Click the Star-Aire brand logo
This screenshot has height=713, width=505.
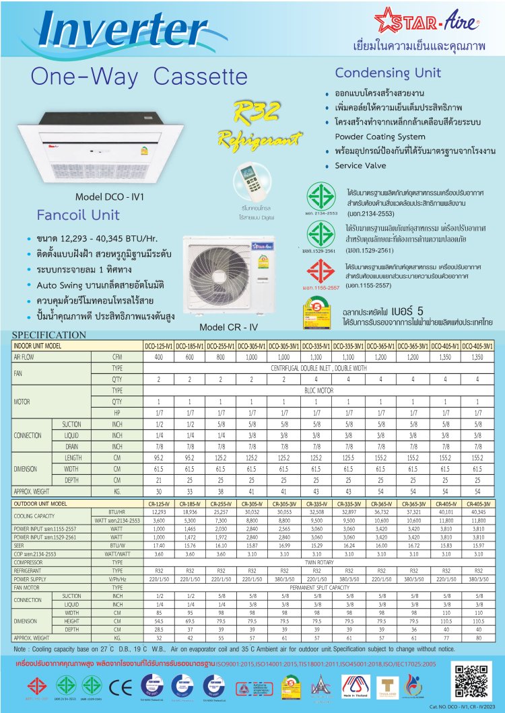tap(429, 23)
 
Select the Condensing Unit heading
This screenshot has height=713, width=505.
tap(388, 73)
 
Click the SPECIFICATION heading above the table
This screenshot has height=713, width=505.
tap(48, 335)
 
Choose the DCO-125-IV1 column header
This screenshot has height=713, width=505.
tap(159, 346)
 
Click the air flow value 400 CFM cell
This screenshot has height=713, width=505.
tap(159, 357)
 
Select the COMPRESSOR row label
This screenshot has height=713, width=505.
tap(32, 562)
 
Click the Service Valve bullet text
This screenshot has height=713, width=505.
tap(360, 165)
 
